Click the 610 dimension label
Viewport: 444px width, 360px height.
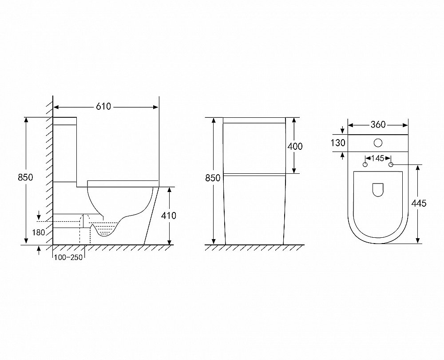point(103,107)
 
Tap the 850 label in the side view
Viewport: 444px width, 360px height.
point(25,177)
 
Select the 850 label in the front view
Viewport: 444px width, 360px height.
point(213,178)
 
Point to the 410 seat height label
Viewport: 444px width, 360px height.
point(168,216)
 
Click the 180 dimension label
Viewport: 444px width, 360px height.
point(39,232)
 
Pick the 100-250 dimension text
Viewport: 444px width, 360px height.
point(68,257)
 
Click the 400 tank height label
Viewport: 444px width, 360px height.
point(295,146)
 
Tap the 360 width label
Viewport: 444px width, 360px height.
point(378,124)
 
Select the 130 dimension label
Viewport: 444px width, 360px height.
point(338,143)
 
